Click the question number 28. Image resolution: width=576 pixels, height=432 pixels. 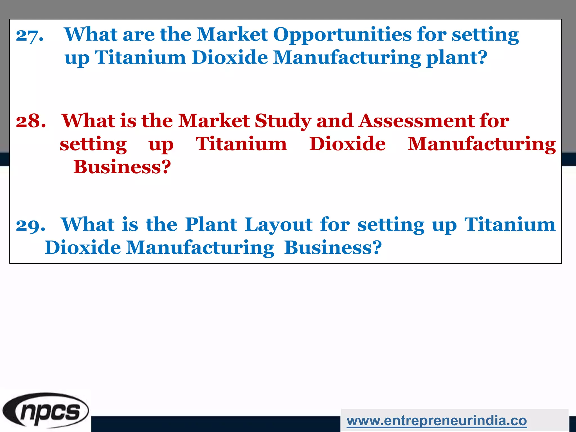[31, 121]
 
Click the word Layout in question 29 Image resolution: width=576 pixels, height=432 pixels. [278, 225]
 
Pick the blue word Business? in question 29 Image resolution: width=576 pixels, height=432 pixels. [333, 248]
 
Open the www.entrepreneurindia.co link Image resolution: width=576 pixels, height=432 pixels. [436, 421]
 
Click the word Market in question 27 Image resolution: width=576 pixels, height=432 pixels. [232, 35]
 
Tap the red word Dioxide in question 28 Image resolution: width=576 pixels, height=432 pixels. [347, 144]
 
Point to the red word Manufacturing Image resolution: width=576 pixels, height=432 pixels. [481, 145]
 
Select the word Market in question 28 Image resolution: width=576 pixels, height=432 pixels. [214, 121]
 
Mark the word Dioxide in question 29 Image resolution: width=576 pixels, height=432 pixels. [83, 248]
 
